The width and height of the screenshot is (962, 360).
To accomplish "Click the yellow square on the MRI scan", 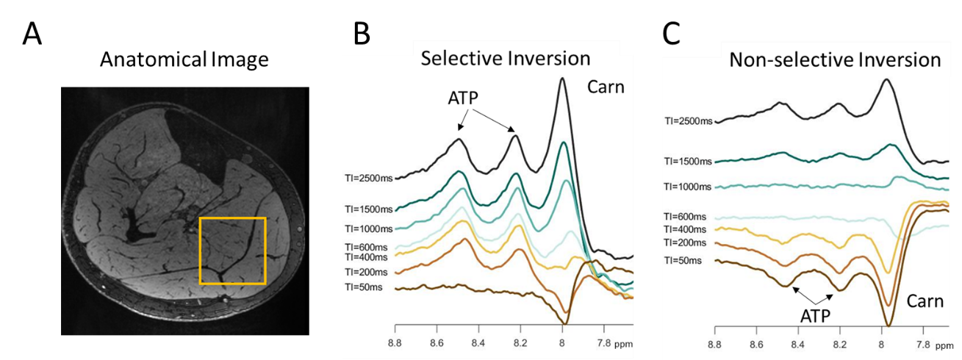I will pos(232,251).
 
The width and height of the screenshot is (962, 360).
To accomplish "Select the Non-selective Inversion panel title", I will pos(835,60).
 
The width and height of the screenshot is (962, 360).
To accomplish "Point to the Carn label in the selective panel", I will pos(605,87).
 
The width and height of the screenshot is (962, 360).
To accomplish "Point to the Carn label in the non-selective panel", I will pos(925,301).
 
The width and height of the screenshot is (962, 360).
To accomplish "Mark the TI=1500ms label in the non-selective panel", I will pos(688,160).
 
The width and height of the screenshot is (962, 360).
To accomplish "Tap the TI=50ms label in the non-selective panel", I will pos(683,260).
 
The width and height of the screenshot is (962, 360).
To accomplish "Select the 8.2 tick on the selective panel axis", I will pos(520,342).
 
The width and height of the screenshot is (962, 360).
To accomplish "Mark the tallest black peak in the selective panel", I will pos(562,79).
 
